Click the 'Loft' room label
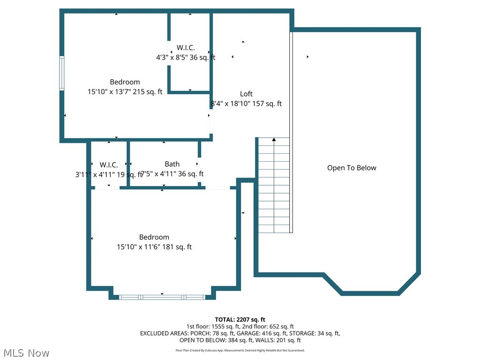coord(246,94)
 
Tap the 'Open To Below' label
coord(352,168)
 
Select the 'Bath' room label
coord(172,164)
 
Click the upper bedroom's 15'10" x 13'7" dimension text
coord(125,92)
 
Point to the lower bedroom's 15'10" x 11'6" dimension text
coord(154,247)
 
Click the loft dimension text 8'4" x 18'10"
coord(246,104)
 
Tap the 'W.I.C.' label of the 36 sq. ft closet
coord(186,48)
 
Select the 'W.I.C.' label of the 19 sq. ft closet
coord(109,165)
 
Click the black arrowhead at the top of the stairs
coord(274,139)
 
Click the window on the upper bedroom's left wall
coord(61,73)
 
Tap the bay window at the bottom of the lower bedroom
coord(162,297)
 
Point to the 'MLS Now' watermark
coord(26,352)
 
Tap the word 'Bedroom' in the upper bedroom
coord(125,82)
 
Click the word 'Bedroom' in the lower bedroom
coord(154,237)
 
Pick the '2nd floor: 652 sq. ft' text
coord(268,326)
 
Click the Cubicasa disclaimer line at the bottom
coord(240,350)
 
